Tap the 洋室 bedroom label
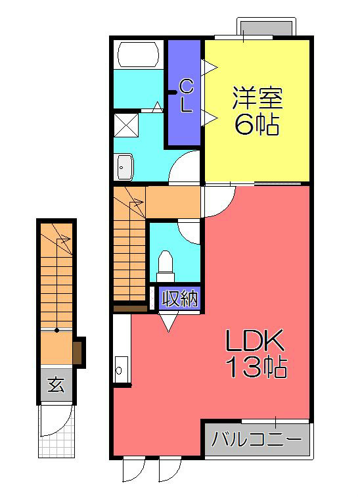257,99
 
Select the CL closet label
186,95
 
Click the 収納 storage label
179,299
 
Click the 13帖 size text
256,367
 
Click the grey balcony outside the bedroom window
266,28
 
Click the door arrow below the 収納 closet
168,321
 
